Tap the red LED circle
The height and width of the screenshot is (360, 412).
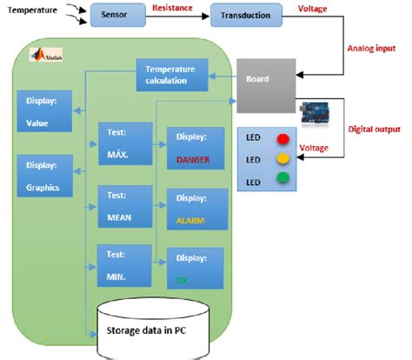[x=282, y=138]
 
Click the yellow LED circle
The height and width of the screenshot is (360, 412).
[x=282, y=159]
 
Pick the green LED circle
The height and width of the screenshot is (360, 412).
[x=282, y=180]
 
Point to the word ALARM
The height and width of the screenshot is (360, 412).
[x=191, y=222]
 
